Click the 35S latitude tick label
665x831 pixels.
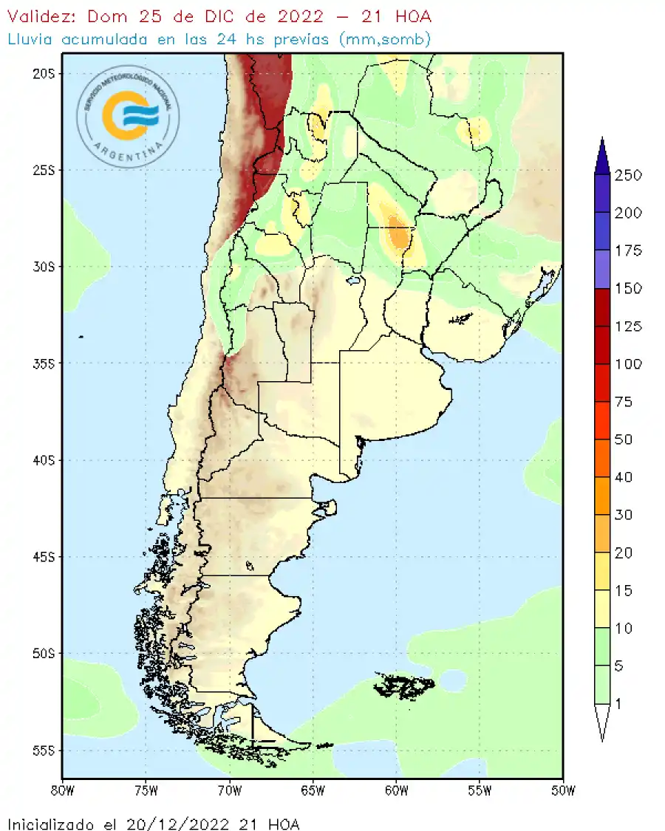point(46,363)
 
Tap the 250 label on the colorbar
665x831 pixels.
point(628,175)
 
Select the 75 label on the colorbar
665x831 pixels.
point(625,402)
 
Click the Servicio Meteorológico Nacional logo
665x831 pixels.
point(128,114)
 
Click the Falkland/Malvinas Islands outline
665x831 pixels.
point(403,686)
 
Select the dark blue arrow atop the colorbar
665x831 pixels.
point(602,156)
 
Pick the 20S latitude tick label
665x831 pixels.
point(46,73)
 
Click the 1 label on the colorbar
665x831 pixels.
point(618,704)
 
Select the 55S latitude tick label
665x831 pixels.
point(46,750)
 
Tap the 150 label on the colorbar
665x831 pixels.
point(628,288)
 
